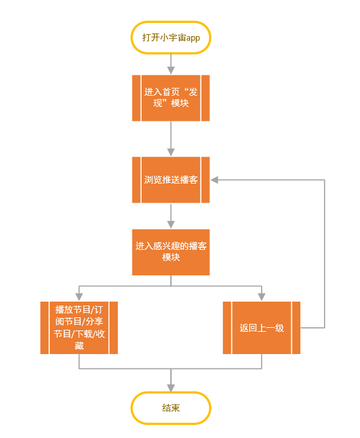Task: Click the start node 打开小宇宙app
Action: click(x=170, y=37)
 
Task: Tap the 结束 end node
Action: click(x=170, y=408)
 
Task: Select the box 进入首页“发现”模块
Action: click(x=170, y=98)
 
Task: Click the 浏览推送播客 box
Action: click(x=170, y=180)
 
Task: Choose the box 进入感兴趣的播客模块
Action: click(x=170, y=252)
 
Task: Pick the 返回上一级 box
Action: click(x=262, y=328)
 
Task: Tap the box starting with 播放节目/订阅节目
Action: click(x=79, y=328)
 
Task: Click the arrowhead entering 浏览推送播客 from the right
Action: click(x=214, y=180)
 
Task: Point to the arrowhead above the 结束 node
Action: click(x=170, y=388)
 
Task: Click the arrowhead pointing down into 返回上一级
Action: click(x=262, y=297)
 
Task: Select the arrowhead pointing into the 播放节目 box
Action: click(x=79, y=297)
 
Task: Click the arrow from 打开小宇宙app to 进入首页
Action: click(x=170, y=64)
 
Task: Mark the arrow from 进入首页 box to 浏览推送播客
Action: click(x=170, y=138)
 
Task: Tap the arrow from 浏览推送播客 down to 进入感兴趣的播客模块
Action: click(x=170, y=216)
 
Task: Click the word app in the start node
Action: click(x=193, y=38)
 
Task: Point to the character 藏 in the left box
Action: click(x=79, y=346)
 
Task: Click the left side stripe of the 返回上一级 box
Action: click(x=227, y=328)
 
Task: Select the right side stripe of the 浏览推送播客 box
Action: click(x=205, y=180)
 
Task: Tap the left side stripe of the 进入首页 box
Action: click(x=136, y=98)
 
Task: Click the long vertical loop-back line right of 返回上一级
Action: click(x=325, y=254)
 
